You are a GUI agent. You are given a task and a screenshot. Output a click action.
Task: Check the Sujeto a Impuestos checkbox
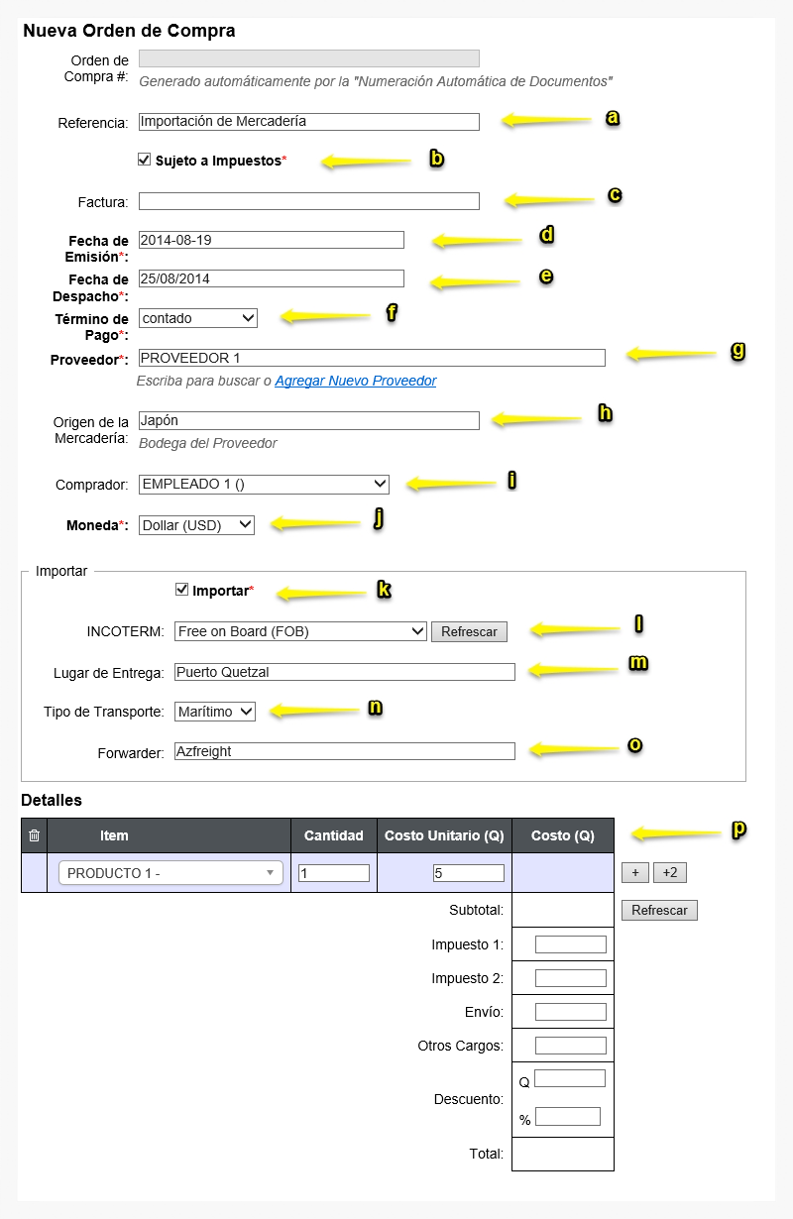[x=145, y=160]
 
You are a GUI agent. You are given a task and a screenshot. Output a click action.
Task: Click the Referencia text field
[x=308, y=121]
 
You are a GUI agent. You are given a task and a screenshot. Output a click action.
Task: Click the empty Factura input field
[x=308, y=201]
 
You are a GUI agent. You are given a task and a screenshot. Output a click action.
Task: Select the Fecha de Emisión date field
[x=271, y=240]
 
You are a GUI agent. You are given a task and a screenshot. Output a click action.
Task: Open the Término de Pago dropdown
[x=198, y=318]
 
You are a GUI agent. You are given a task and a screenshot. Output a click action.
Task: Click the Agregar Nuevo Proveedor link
[x=356, y=381]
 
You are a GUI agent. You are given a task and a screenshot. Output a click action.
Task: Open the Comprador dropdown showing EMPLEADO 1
[x=264, y=484]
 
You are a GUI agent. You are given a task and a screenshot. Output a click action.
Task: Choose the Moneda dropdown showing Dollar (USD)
[x=196, y=524]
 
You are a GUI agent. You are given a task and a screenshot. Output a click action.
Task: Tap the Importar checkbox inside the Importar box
[x=181, y=590]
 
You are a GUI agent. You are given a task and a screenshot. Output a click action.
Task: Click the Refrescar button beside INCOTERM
[x=469, y=632]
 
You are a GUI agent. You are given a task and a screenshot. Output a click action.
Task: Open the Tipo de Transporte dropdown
[x=215, y=712]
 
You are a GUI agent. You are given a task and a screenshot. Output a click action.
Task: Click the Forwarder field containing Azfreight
[x=345, y=751]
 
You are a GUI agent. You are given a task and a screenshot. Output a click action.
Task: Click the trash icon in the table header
[x=35, y=835]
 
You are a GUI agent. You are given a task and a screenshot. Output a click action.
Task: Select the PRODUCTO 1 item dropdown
[x=170, y=873]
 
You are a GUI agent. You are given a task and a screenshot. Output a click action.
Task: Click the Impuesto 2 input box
[x=570, y=978]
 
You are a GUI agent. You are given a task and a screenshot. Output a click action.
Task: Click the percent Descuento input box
[x=568, y=1117]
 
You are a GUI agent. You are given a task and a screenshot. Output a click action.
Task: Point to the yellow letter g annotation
[x=738, y=351]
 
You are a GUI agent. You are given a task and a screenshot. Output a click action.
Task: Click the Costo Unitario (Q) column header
[x=444, y=835]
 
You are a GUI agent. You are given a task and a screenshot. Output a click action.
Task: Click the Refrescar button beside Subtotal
[x=659, y=910]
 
